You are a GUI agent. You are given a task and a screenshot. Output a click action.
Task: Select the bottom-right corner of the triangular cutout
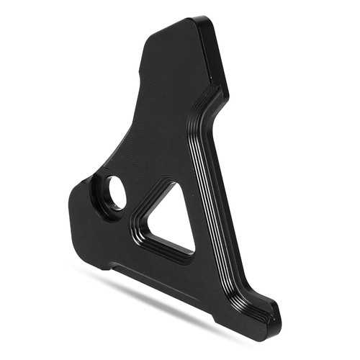pyautogui.click(x=193, y=252)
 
